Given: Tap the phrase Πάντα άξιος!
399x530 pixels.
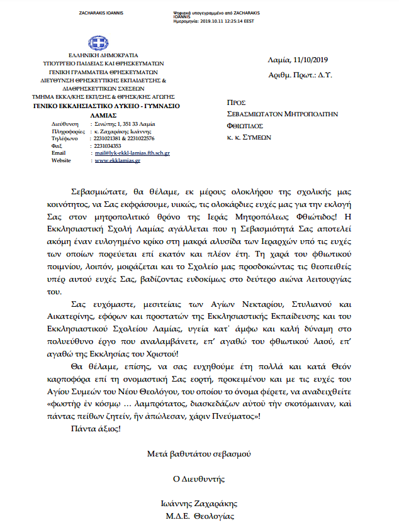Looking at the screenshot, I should coord(95,429).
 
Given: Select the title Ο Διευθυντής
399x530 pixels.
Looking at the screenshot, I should coord(199,478).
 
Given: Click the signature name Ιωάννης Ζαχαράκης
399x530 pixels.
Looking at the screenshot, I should coord(199,504).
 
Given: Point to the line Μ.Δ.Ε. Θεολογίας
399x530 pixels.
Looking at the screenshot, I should coord(199,516).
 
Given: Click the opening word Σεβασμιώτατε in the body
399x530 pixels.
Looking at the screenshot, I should coord(94,190).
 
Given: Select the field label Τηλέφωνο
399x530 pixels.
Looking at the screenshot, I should coord(65,138).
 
